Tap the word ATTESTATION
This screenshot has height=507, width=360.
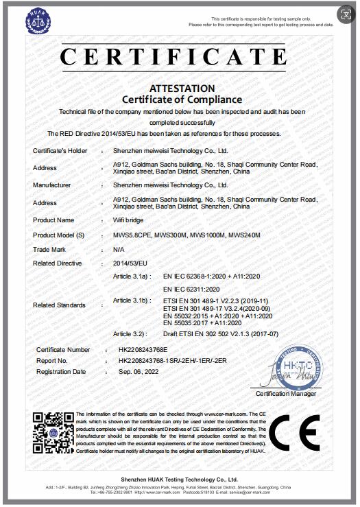[182, 89]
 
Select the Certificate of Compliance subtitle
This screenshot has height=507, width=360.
[182, 100]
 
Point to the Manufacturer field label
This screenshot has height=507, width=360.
[51, 185]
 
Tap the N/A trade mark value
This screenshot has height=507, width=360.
[118, 250]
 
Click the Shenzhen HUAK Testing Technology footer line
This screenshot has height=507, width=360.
[180, 480]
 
